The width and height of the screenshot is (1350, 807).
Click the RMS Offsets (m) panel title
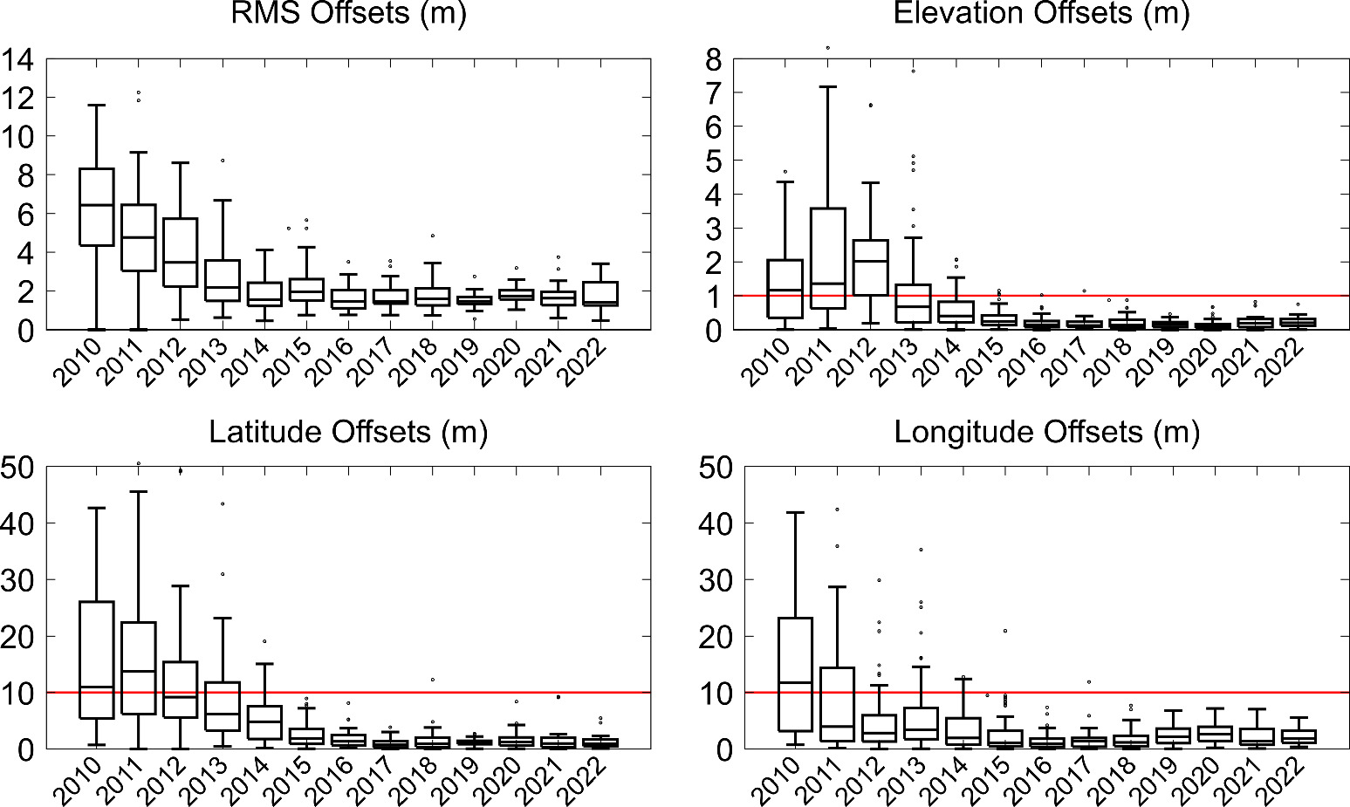click(x=347, y=13)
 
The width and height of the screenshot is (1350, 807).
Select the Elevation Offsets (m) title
click(x=1041, y=13)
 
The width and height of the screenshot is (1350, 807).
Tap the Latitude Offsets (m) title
click(x=348, y=432)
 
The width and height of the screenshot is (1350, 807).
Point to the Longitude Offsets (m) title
click(x=1046, y=432)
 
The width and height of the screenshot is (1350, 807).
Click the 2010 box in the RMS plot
click(x=96, y=208)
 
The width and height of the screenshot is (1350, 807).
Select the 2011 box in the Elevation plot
click(x=827, y=258)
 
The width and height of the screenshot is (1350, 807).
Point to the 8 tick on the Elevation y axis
click(x=714, y=60)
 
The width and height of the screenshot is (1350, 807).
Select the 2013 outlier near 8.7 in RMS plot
click(x=223, y=161)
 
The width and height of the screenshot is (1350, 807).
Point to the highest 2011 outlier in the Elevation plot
click(x=827, y=48)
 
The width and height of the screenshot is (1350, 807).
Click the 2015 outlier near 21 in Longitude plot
click(x=1005, y=631)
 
